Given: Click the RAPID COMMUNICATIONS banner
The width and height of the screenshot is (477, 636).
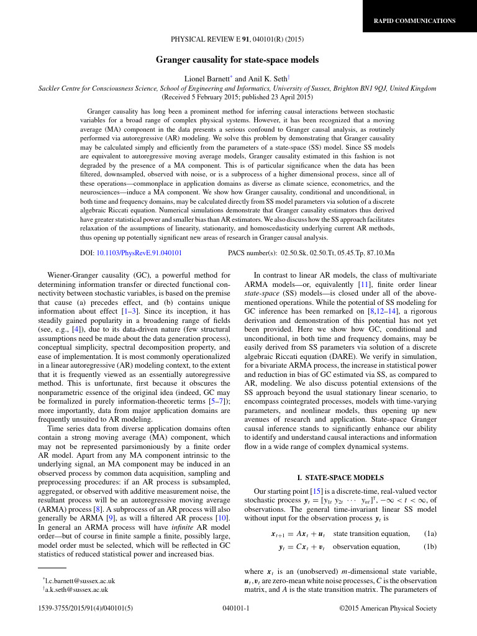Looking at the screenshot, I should point(414,21).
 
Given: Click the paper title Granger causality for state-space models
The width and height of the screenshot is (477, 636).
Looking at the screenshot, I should point(237,60).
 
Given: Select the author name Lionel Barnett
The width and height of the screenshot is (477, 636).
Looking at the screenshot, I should point(207,78).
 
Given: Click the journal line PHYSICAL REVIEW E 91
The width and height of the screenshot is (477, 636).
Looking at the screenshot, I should point(237,40).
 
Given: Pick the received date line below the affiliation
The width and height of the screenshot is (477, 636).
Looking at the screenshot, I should point(237,98).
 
